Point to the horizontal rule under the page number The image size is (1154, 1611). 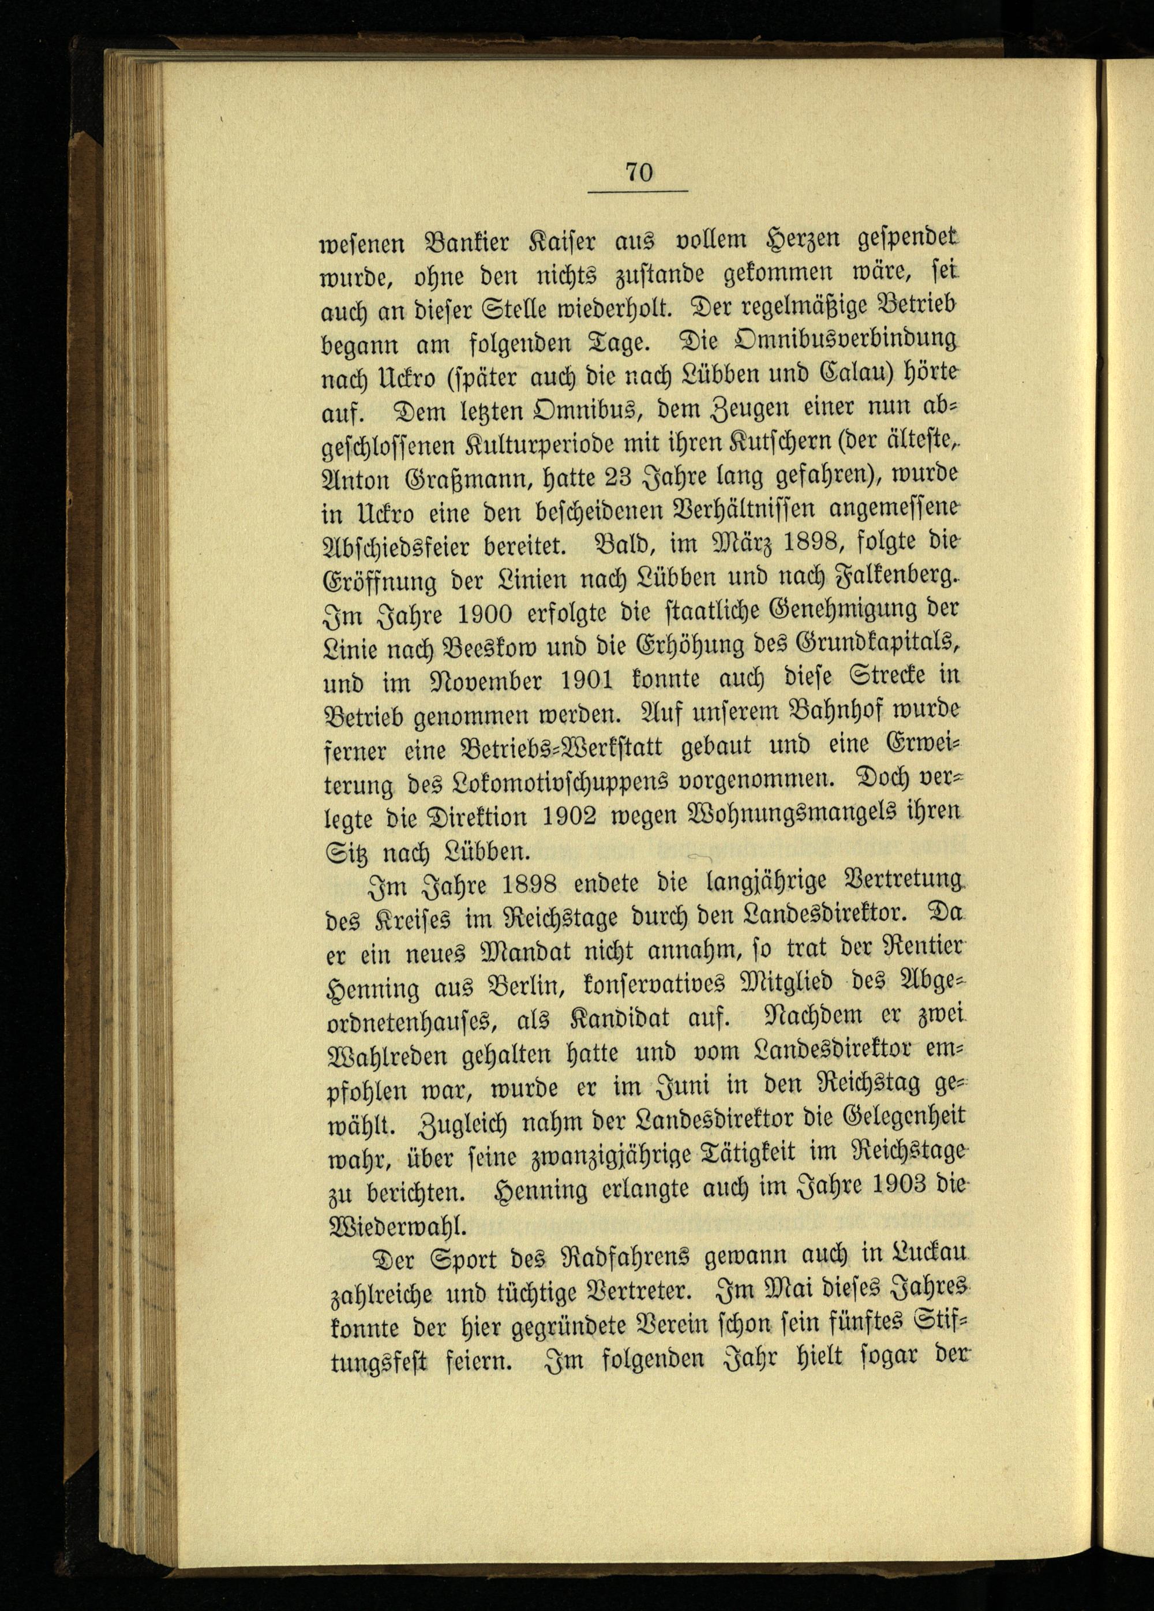638,192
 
